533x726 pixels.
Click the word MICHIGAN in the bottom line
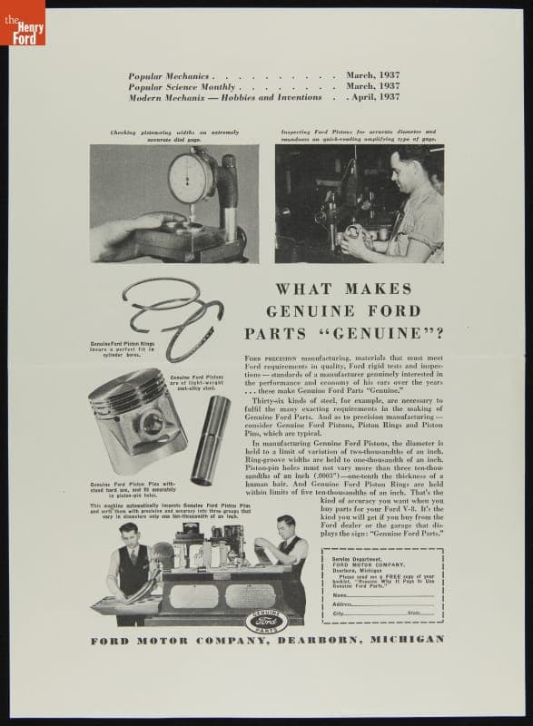(412, 639)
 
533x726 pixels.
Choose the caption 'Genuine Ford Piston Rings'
(123, 345)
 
